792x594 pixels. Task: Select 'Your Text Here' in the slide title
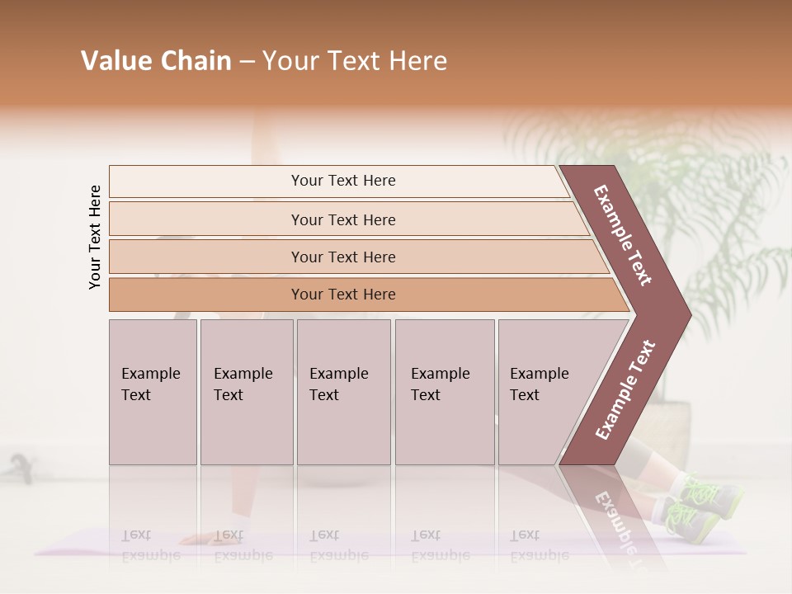(x=355, y=61)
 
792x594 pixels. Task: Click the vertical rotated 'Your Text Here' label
(x=95, y=238)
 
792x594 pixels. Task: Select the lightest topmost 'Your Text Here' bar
(x=342, y=181)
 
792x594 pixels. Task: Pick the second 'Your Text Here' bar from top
(x=342, y=219)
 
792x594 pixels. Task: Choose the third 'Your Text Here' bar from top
(x=342, y=257)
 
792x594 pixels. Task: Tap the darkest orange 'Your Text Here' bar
(x=342, y=295)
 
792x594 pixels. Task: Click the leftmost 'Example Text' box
(x=153, y=392)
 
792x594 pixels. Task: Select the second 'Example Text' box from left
(x=247, y=392)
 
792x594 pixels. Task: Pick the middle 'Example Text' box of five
(x=343, y=392)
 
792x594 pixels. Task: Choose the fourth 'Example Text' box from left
(x=445, y=392)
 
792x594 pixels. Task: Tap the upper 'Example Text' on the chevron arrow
(x=623, y=236)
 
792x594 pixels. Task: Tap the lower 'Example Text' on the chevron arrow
(x=625, y=390)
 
